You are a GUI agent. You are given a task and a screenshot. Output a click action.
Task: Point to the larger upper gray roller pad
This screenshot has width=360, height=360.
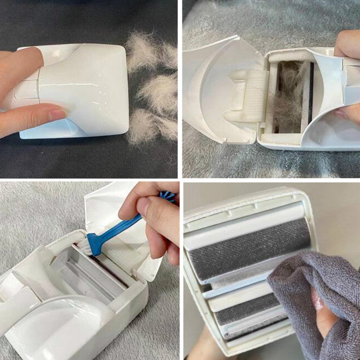[x=250, y=250]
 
